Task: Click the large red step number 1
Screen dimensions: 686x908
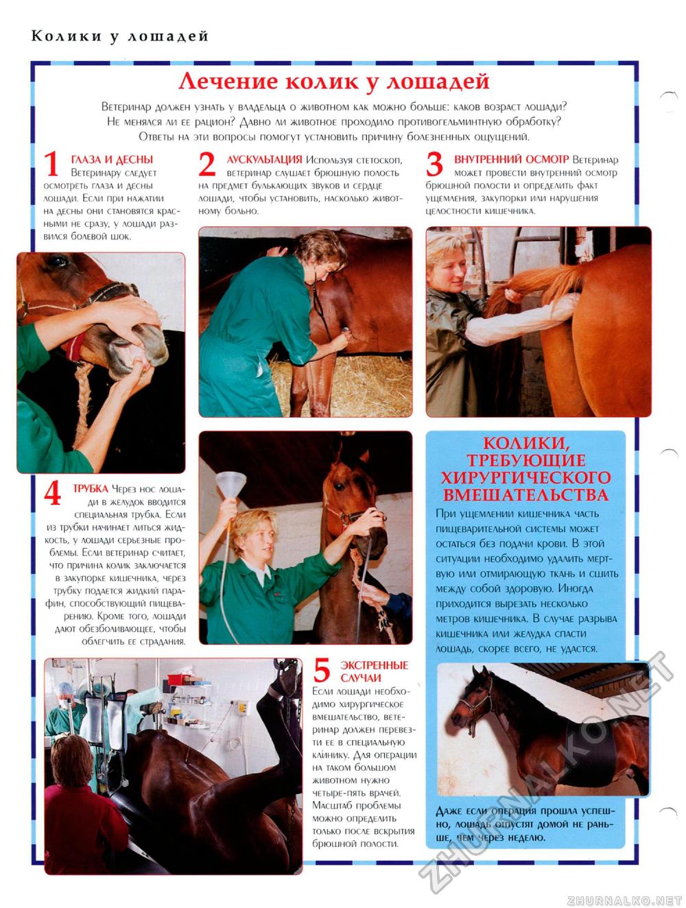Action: [x=51, y=163]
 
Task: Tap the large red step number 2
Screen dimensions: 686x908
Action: [x=206, y=163]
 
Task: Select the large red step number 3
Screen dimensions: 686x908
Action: [x=434, y=163]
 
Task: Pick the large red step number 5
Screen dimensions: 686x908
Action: [x=322, y=670]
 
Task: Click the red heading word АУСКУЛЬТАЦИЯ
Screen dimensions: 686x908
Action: [x=264, y=160]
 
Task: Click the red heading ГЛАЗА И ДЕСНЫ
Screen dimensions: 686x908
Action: [x=112, y=160]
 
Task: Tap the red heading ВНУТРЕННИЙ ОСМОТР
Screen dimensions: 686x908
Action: [x=511, y=160]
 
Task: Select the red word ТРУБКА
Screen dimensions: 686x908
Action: [x=91, y=488]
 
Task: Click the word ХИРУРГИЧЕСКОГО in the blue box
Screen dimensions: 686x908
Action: [x=525, y=478]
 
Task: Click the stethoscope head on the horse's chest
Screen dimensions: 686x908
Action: [x=344, y=331]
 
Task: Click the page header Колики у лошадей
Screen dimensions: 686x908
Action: [x=119, y=36]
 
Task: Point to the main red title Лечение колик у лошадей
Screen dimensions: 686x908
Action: [x=334, y=81]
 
